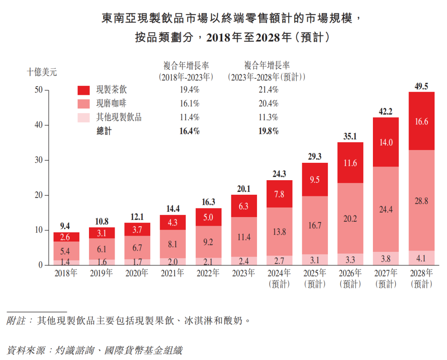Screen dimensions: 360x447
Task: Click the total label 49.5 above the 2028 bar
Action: point(421,86)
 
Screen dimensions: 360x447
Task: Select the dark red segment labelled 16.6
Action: point(421,121)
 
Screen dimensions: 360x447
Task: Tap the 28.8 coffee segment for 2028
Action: point(421,201)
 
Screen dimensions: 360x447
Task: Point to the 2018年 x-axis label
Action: point(66,273)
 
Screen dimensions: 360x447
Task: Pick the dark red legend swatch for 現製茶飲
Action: point(84,90)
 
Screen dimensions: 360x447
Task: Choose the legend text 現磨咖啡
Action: point(111,104)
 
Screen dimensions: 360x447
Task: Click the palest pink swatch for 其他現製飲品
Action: point(84,118)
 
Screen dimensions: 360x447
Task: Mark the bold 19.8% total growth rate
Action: point(269,131)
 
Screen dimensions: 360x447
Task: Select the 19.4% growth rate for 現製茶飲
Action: point(190,89)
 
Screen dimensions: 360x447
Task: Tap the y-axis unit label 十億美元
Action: point(42,72)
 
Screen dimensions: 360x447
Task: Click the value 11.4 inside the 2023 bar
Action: point(243,237)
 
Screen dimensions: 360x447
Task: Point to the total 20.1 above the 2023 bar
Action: point(243,189)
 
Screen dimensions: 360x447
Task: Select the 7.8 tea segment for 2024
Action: point(279,194)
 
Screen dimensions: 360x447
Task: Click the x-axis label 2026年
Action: point(350,273)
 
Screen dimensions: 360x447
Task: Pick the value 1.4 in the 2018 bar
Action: point(66,262)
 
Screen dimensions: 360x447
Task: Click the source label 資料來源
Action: point(24,350)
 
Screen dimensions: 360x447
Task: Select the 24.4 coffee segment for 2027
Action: point(386,209)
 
